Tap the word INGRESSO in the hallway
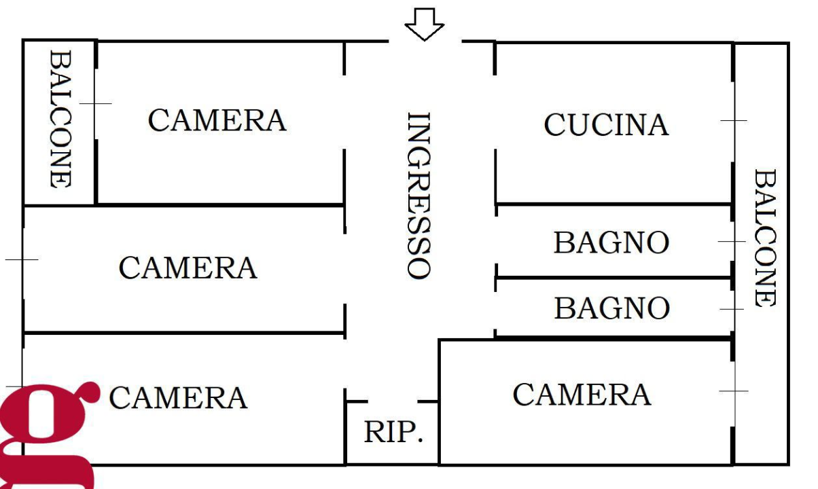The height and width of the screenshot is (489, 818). (x=419, y=196)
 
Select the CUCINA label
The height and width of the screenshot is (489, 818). (x=606, y=125)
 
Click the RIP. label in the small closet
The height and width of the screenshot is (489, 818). (x=393, y=433)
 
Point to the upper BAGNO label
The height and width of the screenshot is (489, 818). (x=611, y=243)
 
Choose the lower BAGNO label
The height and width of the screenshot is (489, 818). (x=611, y=308)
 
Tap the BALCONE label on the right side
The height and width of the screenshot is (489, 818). (x=765, y=238)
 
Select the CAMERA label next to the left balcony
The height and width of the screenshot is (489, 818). (x=217, y=120)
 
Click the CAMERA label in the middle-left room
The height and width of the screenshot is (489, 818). (x=188, y=268)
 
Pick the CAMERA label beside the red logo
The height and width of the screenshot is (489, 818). (x=178, y=397)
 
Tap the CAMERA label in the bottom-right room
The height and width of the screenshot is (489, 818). (x=582, y=394)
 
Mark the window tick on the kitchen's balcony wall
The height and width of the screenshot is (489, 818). (x=733, y=121)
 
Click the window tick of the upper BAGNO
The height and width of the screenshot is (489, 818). (x=732, y=241)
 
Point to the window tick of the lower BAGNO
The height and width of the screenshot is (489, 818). (x=732, y=309)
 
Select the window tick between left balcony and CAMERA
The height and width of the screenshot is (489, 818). (x=95, y=103)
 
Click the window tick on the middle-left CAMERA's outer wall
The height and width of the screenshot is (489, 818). (x=22, y=259)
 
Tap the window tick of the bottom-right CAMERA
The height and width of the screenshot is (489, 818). (x=733, y=391)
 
